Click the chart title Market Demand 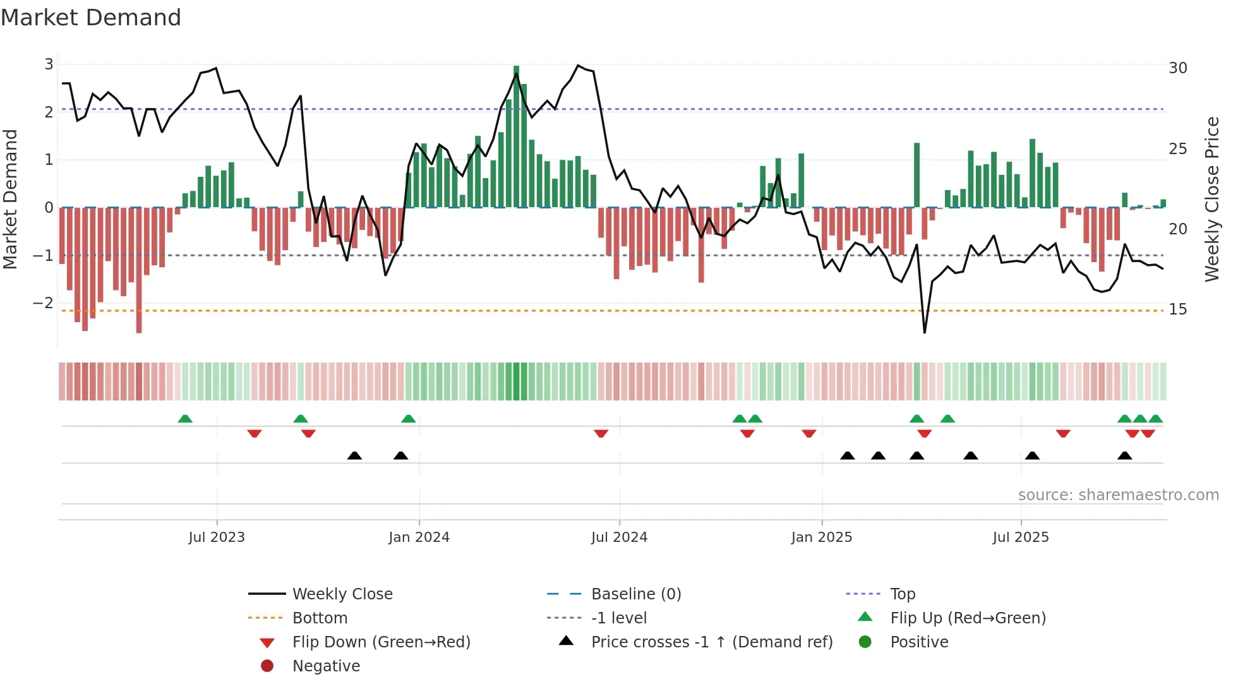[x=91, y=18]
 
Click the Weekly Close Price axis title [x=1211, y=199]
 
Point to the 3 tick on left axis [x=49, y=64]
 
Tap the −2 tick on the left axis [x=44, y=303]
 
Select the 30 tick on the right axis [x=1177, y=68]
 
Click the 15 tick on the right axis [x=1177, y=309]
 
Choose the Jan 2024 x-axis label [x=419, y=537]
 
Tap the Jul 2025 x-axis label [x=1020, y=537]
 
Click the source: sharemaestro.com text [x=1118, y=495]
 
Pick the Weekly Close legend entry [x=342, y=594]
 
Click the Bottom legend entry [x=320, y=618]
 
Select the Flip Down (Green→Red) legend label [x=381, y=642]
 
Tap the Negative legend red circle [x=267, y=666]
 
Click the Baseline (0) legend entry [x=635, y=594]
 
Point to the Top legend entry [x=902, y=594]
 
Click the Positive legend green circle [x=865, y=642]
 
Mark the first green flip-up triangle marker [x=185, y=419]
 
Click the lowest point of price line [x=925, y=332]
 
